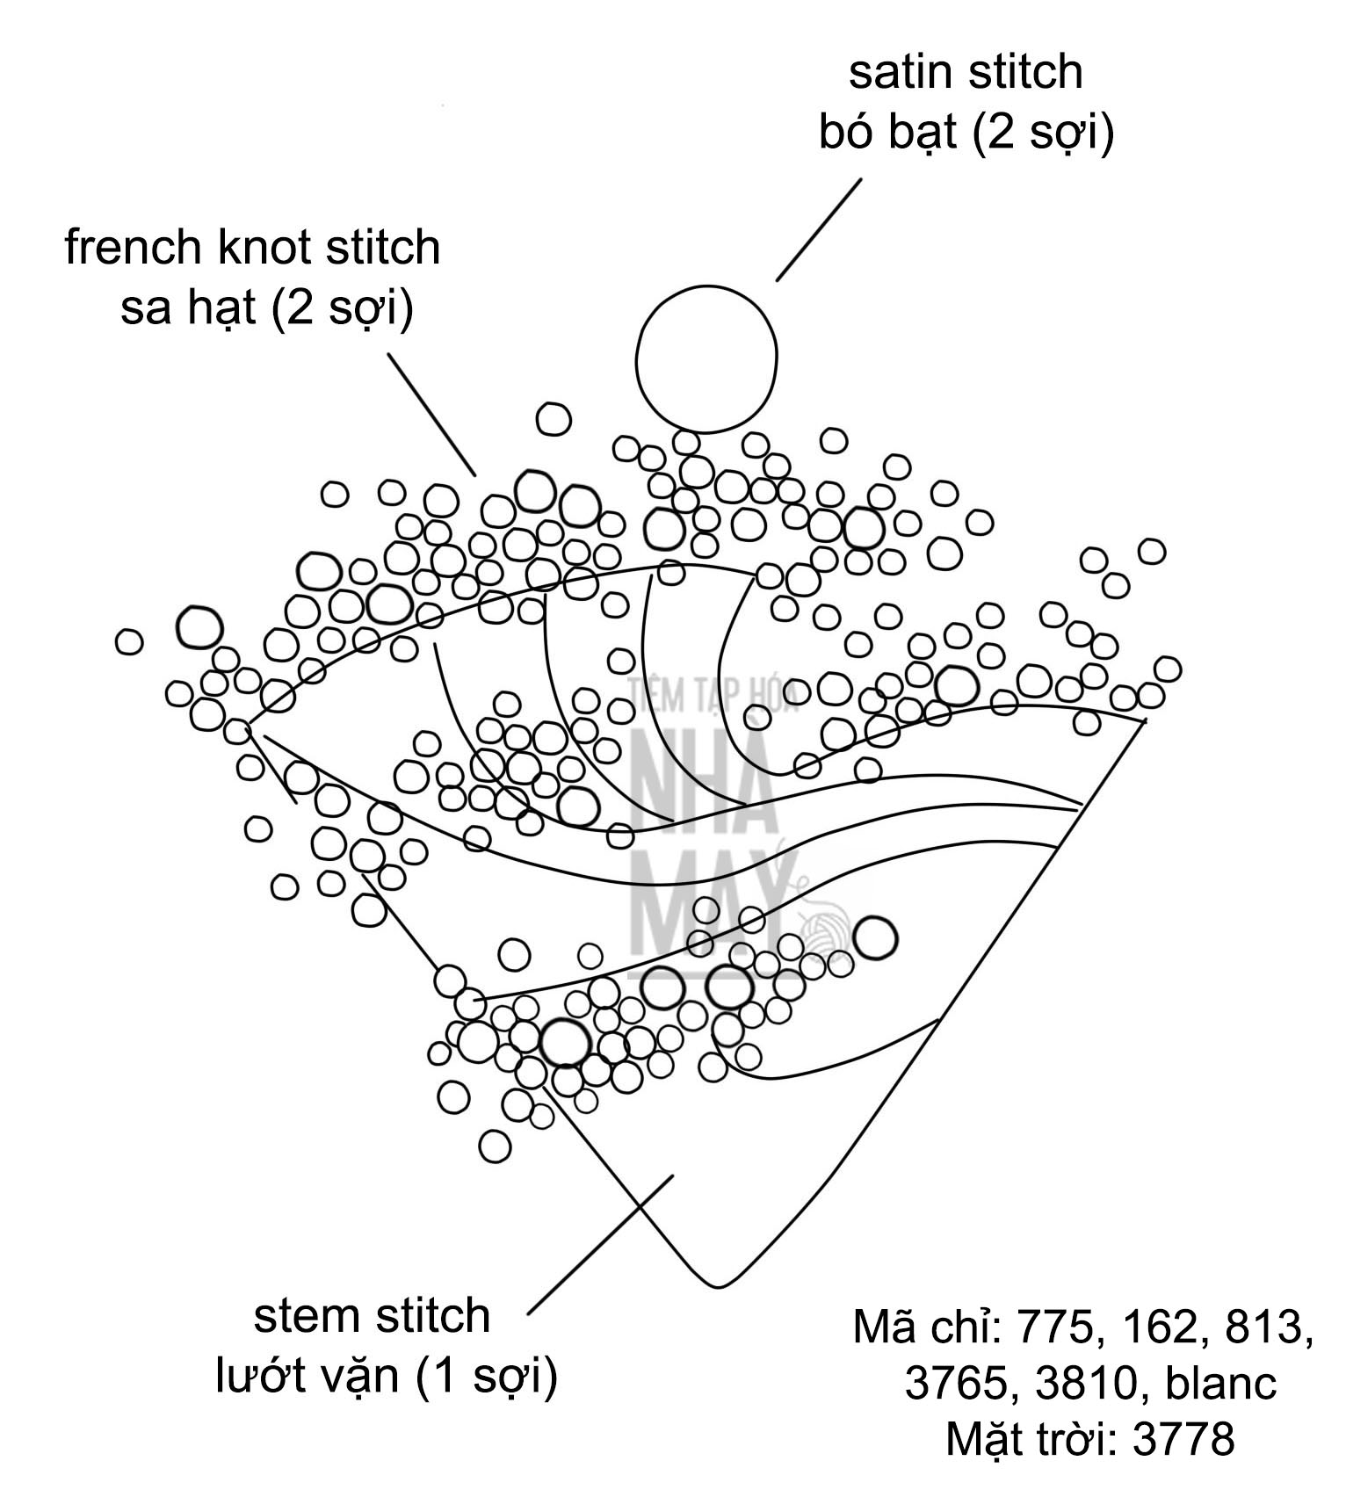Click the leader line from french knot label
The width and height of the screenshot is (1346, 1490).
pyautogui.click(x=432, y=415)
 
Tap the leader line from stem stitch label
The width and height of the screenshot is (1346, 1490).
pyautogui.click(x=600, y=1244)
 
